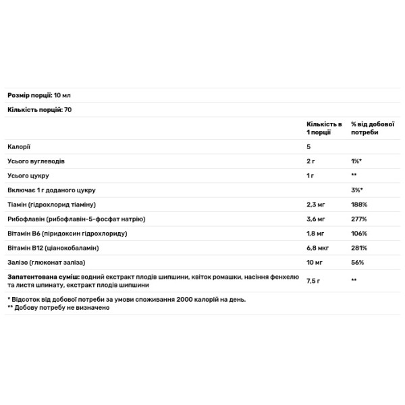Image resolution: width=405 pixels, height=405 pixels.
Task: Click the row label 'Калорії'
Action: click(x=19, y=147)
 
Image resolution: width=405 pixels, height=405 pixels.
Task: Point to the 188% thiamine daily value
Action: click(x=358, y=205)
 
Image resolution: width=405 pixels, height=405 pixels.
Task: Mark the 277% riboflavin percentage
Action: click(x=358, y=219)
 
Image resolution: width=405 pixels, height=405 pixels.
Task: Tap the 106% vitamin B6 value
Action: click(x=358, y=234)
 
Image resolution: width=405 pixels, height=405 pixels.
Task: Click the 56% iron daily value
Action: click(x=357, y=262)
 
